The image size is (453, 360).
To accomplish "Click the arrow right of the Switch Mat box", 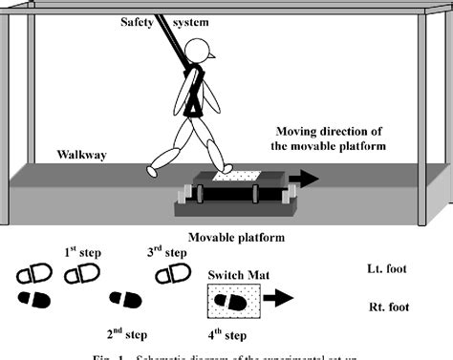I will tap(280, 298).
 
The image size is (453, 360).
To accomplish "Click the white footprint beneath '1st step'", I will tap(80, 276).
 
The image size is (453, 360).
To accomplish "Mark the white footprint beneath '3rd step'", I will tap(172, 276).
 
